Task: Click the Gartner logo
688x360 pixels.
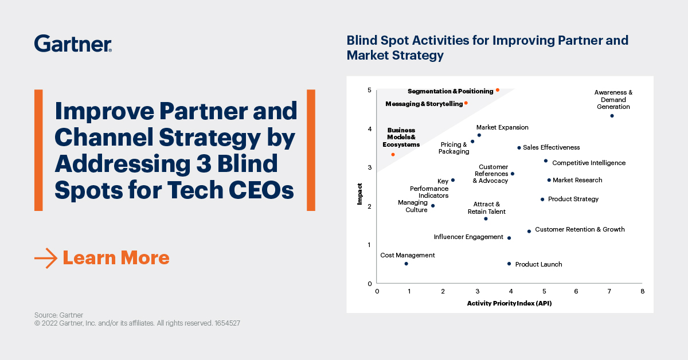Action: coord(73,44)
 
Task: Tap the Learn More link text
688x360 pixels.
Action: coord(116,258)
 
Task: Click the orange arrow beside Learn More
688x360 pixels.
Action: coord(46,258)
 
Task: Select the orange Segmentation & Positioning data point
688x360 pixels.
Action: coord(498,90)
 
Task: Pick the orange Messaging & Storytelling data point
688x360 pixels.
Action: coord(466,103)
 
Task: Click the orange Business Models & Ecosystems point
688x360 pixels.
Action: coord(393,155)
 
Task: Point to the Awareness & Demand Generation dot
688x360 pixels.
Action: coord(612,116)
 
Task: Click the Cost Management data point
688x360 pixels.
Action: coord(406,264)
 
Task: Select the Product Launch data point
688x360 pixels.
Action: coord(509,264)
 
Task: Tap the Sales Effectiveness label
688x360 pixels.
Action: coord(551,148)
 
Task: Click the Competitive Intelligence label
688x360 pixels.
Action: coord(588,163)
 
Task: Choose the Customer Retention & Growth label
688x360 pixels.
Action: coord(580,230)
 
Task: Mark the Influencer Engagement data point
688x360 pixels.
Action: coord(509,238)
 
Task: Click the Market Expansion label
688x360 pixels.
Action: coord(502,128)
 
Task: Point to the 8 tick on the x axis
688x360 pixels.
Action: coord(642,291)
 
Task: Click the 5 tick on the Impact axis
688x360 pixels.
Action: coord(370,91)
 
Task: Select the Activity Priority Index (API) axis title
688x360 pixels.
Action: coord(509,303)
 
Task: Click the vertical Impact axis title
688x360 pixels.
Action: coord(359,194)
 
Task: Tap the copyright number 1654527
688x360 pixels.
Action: coord(227,323)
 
